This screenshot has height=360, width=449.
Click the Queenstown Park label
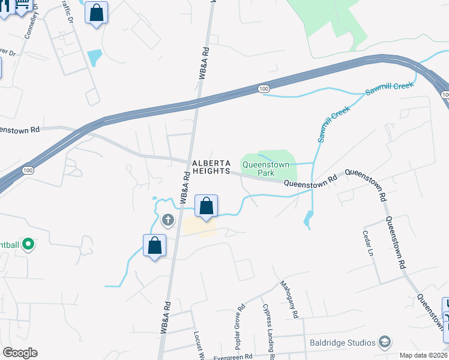click(265, 168)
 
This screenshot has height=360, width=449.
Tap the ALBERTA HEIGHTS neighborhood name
click(211, 167)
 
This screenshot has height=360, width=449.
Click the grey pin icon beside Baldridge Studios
click(385, 343)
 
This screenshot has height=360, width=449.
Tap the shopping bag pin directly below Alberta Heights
click(206, 206)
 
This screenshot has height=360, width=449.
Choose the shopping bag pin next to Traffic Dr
click(96, 13)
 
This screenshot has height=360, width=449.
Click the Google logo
click(20, 353)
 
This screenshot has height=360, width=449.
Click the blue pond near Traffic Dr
click(95, 58)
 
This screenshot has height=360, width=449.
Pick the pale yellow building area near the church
click(199, 227)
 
